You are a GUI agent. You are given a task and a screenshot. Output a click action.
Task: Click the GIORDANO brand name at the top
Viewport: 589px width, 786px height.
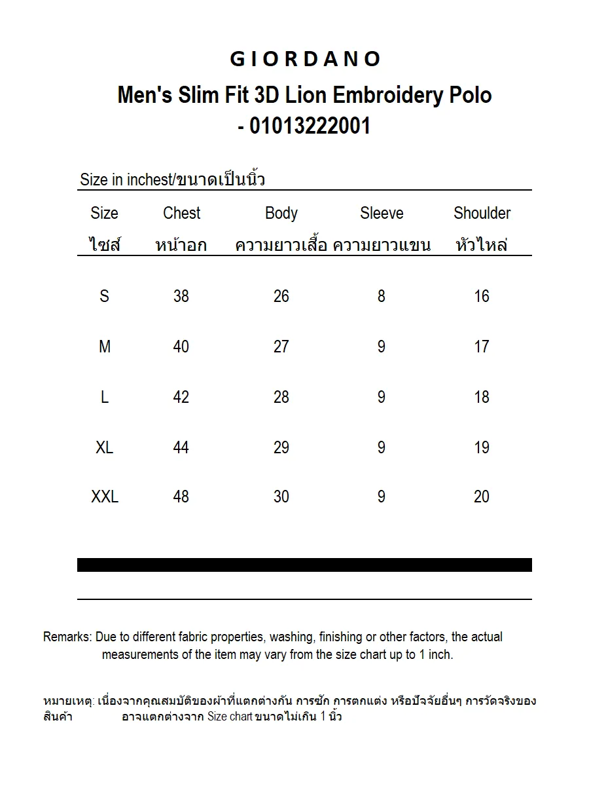pos(305,60)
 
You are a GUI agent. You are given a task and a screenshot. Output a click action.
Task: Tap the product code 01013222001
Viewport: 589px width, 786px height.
pos(310,125)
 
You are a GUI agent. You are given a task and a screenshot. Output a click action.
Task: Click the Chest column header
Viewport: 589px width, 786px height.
pos(181,214)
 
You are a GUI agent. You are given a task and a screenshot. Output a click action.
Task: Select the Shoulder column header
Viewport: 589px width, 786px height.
pos(482,214)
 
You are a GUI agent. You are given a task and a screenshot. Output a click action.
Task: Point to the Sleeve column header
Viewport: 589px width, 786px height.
pos(382,214)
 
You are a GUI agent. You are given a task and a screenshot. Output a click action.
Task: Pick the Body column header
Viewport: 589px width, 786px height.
pos(281,214)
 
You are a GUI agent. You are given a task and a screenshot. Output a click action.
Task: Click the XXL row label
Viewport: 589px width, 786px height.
pos(105,497)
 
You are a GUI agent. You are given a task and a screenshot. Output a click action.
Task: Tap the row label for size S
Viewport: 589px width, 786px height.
pos(105,297)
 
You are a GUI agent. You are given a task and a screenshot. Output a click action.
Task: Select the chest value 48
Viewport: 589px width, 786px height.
pos(181,497)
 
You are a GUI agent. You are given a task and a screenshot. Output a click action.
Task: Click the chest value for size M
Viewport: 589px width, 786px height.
pos(181,347)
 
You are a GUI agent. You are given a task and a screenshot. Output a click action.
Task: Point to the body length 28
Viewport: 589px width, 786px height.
pos(281,398)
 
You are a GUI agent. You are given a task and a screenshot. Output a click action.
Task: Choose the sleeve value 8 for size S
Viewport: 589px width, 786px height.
pos(382,297)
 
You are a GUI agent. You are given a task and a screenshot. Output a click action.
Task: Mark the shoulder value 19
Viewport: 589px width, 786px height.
pos(482,448)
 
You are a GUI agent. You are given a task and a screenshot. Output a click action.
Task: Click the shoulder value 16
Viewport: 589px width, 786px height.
pos(482,297)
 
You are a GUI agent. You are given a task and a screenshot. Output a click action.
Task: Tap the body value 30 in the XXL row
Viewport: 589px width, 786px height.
pos(281,497)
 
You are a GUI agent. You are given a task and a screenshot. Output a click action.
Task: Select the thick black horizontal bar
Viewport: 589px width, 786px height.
pos(304,565)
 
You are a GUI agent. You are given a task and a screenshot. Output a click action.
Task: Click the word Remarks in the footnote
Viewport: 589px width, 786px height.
pos(67,637)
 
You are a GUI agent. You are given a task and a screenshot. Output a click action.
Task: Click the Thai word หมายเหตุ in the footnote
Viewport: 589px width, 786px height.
pos(68,702)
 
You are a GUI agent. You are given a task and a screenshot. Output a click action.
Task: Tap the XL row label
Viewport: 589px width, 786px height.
pos(105,448)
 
